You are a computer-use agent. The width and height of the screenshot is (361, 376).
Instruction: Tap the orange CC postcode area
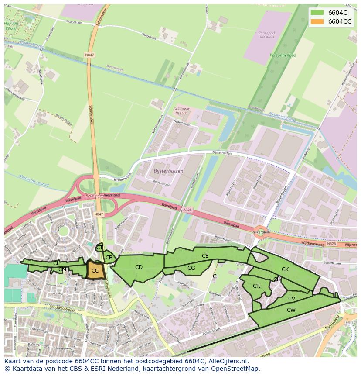pyautogui.click(x=95, y=271)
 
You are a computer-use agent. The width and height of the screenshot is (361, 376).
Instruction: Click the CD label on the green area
pyautogui.click(x=139, y=267)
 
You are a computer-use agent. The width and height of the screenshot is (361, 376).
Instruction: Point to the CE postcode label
pyautogui.click(x=205, y=256)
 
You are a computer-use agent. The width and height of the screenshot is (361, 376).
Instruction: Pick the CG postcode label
pyautogui.click(x=191, y=268)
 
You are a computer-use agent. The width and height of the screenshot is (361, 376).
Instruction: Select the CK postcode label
pyautogui.click(x=285, y=269)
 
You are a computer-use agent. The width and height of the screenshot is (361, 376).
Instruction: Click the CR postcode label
pyautogui.click(x=256, y=286)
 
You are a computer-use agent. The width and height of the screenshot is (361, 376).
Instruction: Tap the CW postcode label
pyautogui.click(x=291, y=310)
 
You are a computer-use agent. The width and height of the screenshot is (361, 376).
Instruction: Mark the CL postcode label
pyautogui.click(x=56, y=263)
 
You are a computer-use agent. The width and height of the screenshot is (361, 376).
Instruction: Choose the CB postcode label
pyautogui.click(x=109, y=258)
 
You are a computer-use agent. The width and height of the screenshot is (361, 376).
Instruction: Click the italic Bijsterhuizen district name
pyautogui.click(x=168, y=171)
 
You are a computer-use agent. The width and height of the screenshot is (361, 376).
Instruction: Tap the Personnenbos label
pyautogui.click(x=283, y=55)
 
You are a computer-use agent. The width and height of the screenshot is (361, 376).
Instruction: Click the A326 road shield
pyautogui.click(x=187, y=210)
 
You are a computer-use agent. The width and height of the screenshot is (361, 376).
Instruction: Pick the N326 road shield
pyautogui.click(x=331, y=244)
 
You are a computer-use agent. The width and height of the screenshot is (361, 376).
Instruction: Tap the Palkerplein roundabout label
pyautogui.click(x=261, y=233)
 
